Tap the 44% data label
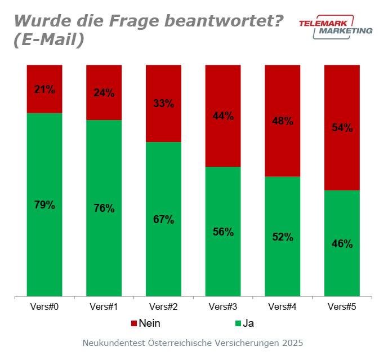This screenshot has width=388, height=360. click(222, 116)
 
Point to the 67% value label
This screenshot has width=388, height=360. click(163, 219)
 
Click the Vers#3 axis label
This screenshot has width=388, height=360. click(222, 307)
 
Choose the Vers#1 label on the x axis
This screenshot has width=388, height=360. click(104, 307)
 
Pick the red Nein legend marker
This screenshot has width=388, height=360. click(134, 323)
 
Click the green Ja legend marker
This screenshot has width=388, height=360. click(238, 323)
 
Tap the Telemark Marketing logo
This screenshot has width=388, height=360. click(335, 27)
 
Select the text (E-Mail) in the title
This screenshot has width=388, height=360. click(49, 41)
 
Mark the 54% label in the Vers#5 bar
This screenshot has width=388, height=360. click(342, 127)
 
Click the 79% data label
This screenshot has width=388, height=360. click(44, 205)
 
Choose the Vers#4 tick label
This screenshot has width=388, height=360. click(282, 307)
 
